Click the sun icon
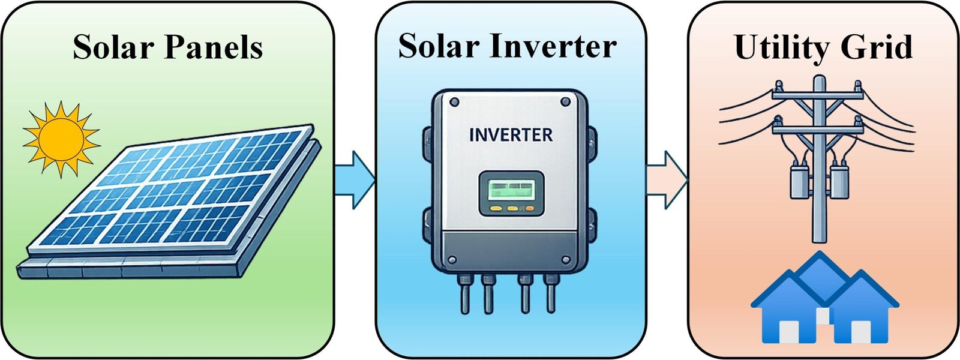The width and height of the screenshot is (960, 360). [x=61, y=139]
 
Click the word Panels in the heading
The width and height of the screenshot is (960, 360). [x=214, y=47]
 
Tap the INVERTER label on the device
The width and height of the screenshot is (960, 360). [x=511, y=135]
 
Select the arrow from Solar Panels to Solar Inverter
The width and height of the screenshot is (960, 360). [x=355, y=180]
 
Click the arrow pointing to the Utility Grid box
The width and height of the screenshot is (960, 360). [x=667, y=180]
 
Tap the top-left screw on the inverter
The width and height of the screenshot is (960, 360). [x=454, y=103]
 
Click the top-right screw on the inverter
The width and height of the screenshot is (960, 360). [x=565, y=102]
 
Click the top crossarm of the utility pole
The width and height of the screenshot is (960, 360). [x=819, y=94]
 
